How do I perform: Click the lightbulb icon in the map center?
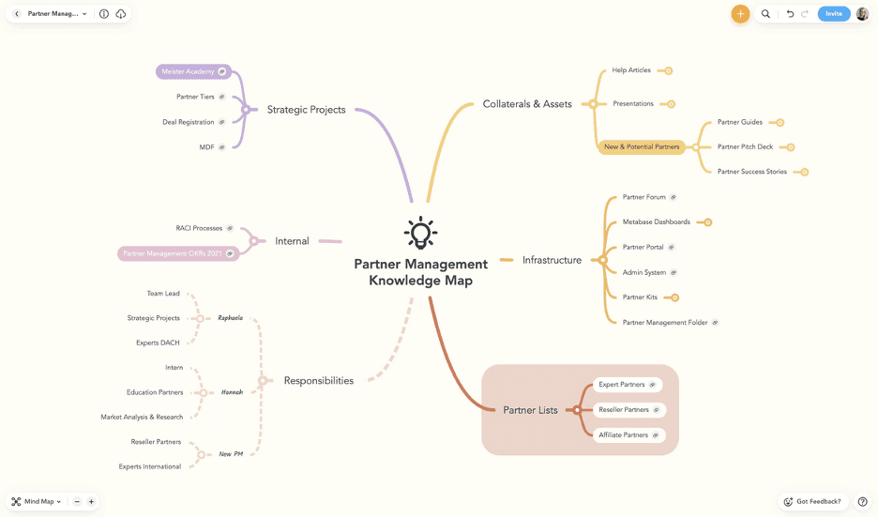pos(420,233)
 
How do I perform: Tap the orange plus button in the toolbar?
pos(740,14)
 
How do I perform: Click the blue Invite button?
pos(833,14)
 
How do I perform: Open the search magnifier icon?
pos(765,14)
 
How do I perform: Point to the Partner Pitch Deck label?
pos(745,147)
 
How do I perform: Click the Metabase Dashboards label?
pos(656,222)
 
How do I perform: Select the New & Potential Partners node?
pos(642,147)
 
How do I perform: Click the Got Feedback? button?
pos(812,501)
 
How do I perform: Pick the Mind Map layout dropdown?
pos(38,501)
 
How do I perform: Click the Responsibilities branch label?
pos(318,381)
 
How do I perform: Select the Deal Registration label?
pos(189,122)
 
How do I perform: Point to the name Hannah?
pos(232,392)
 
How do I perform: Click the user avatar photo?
pos(862,14)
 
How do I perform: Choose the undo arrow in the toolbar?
pos(790,14)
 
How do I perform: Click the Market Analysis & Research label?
pos(142,417)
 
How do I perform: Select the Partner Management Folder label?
pos(665,323)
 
